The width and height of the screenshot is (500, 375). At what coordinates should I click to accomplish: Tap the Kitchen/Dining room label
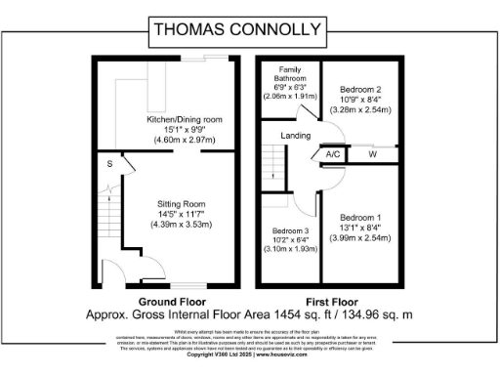(x=171, y=119)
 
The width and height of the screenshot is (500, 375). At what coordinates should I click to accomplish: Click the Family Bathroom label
(x=290, y=76)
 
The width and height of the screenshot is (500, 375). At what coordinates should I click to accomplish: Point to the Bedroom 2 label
(x=359, y=90)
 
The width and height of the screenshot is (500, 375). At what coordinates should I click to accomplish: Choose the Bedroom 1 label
(x=359, y=218)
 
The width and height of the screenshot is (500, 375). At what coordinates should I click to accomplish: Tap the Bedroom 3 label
(x=290, y=231)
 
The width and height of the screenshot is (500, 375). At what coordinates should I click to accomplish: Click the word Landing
(x=295, y=136)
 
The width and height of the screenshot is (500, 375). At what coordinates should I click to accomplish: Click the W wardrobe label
(x=373, y=154)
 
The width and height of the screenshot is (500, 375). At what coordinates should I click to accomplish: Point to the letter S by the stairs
(x=110, y=165)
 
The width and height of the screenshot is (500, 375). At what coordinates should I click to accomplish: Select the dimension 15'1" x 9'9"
(x=171, y=130)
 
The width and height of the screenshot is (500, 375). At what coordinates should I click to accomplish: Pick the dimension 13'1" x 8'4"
(x=359, y=229)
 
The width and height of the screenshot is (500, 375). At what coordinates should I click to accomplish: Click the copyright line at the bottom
(x=250, y=354)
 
